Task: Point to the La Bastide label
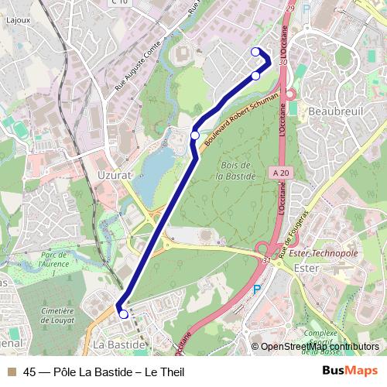118,343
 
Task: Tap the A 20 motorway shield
280,172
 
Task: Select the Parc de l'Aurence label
56,259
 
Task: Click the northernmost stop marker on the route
255,52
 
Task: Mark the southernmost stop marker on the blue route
123,314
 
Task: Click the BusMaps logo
349,371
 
